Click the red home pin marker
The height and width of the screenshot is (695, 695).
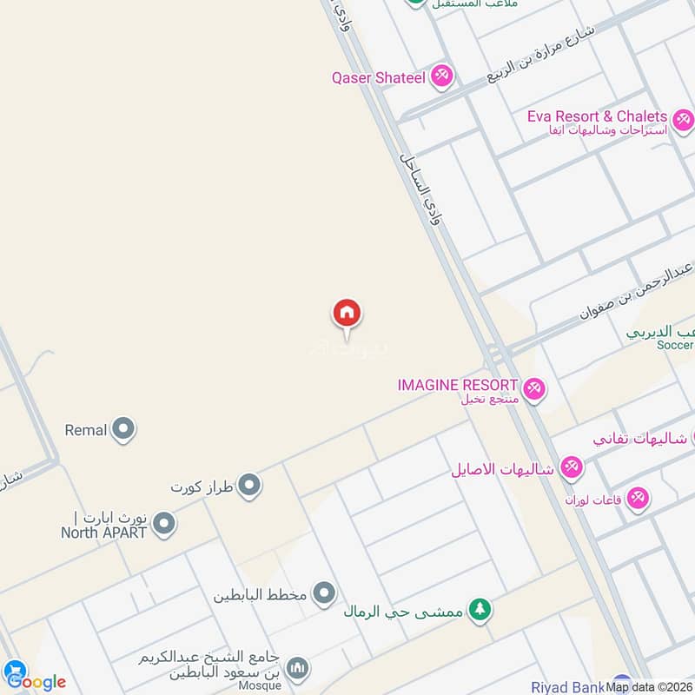pos(347,314)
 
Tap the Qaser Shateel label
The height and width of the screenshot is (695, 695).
pos(378,77)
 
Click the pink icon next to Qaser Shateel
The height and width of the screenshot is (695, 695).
pos(443,76)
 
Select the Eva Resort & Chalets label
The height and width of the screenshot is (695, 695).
pos(597,116)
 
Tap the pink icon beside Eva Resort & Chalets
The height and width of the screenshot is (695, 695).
pos(683,119)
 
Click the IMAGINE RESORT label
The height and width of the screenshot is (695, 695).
pos(457,384)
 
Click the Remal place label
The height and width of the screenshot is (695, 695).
pos(86,429)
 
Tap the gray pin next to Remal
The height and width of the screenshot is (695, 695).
pos(124,429)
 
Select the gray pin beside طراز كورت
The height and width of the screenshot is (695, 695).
pos(250,486)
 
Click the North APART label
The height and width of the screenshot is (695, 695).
pos(103,533)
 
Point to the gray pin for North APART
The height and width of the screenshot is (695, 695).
pos(163,524)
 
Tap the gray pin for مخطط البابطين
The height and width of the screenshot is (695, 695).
pos(324,594)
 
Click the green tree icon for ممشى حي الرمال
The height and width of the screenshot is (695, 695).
pos(479,610)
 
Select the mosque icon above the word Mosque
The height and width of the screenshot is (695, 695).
pos(297,667)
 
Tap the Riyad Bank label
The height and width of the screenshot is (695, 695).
pos(567,687)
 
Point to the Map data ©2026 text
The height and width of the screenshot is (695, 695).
pos(649,687)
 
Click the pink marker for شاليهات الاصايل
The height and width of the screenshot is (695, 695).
pos(571,469)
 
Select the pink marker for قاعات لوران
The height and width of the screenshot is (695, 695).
pos(639,499)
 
